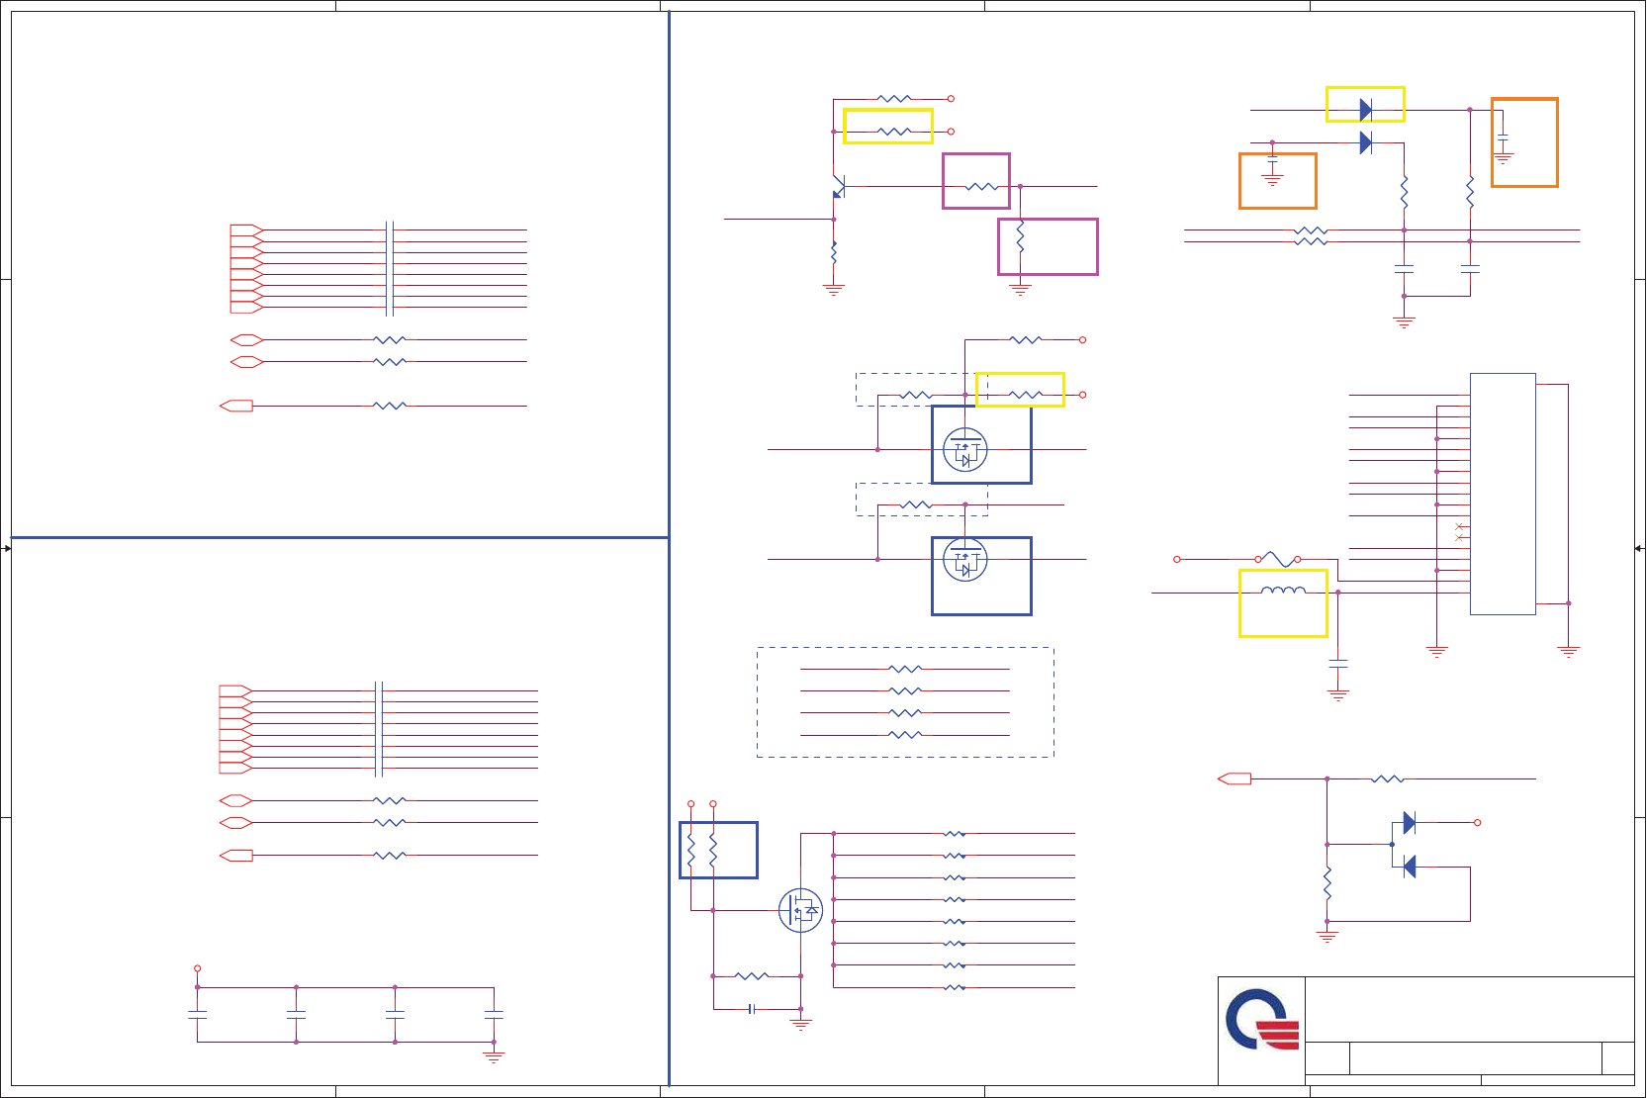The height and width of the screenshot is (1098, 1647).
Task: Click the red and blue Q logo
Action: click(x=1261, y=1021)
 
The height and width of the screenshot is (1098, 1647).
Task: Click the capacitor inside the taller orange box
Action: click(x=1504, y=137)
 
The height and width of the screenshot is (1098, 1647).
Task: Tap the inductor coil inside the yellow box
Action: click(x=1283, y=592)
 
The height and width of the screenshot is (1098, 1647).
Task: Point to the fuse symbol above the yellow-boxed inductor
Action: click(x=1278, y=560)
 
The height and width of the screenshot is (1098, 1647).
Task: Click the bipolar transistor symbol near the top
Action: click(x=839, y=186)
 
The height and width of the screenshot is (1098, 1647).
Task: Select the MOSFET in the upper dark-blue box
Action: click(x=964, y=450)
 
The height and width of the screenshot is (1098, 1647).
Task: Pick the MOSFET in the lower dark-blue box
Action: click(x=964, y=561)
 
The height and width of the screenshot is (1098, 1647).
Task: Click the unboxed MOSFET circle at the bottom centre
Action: click(x=800, y=910)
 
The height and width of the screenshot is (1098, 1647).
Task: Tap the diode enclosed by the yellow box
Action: click(x=1366, y=110)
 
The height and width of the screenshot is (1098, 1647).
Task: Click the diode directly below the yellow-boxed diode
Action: click(x=1366, y=143)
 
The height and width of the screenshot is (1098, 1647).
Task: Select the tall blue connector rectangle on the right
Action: click(x=1502, y=494)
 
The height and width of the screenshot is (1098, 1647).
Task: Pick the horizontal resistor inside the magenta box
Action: click(x=982, y=187)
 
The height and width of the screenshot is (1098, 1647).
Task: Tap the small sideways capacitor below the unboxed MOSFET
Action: click(x=753, y=1009)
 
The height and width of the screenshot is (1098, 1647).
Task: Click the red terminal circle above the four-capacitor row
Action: click(x=198, y=968)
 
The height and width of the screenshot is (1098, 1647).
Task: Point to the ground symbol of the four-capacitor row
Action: click(x=494, y=1056)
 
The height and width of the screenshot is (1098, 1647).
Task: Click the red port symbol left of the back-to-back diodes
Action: click(x=1235, y=778)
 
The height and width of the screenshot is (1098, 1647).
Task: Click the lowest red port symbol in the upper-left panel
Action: click(x=236, y=406)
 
